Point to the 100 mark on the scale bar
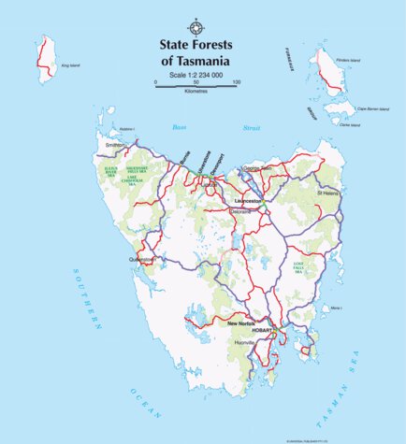(x=236, y=82)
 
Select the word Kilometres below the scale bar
(x=196, y=93)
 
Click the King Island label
(x=70, y=66)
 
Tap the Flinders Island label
(x=348, y=60)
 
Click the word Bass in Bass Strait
(x=179, y=126)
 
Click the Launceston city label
(x=247, y=200)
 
